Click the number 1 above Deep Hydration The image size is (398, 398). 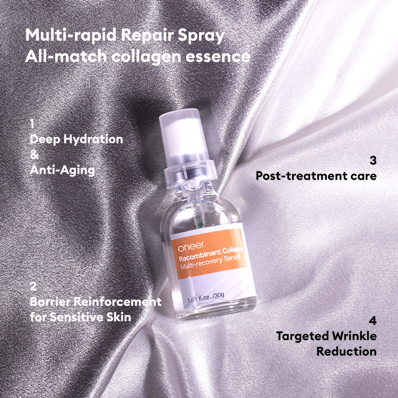pos(32,123)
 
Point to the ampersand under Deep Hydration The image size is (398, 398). pos(33,155)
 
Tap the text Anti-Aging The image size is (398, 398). pos(62,170)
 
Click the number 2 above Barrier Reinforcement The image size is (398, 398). pos(33,287)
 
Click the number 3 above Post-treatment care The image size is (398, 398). pos(373,161)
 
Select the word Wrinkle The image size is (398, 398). pos(353,336)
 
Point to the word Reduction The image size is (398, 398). pos(346,351)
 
